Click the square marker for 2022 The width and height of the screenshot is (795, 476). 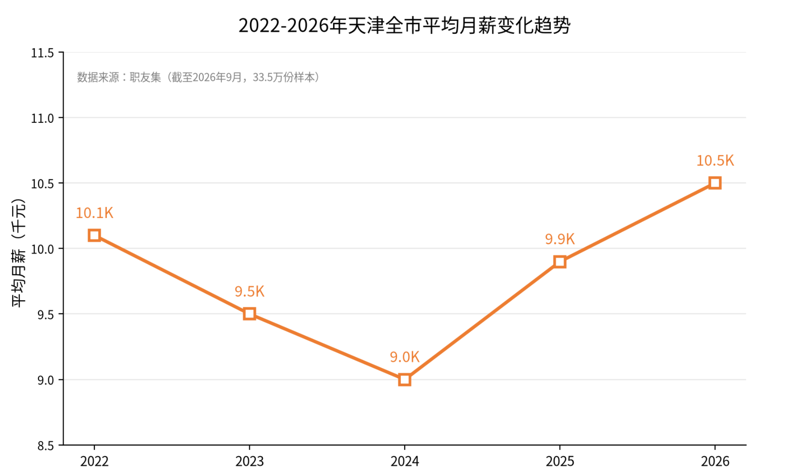pos(94,235)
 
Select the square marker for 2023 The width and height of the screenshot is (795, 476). pos(249,314)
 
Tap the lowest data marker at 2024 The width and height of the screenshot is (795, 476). pos(405,379)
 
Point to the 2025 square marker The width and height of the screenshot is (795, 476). pos(560,262)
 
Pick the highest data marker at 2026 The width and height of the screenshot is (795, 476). pos(715,183)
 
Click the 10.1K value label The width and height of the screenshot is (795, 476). pos(94,213)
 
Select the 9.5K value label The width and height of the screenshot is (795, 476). pos(249,291)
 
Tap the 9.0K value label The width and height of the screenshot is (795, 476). pos(405,357)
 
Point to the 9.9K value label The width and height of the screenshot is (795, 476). pos(560,239)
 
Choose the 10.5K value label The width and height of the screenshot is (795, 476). pos(715,161)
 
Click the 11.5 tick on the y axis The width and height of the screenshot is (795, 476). pos(42,53)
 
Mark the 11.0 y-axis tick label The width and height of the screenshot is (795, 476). pos(42,118)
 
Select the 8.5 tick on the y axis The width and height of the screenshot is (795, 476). pos(46,446)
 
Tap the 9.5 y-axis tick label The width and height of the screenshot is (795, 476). pos(46,315)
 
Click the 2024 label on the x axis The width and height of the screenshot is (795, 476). pos(405,461)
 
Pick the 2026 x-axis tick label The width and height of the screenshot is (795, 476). pos(715,461)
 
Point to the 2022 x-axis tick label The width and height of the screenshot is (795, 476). pos(94,461)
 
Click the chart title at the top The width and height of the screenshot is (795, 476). pos(404,25)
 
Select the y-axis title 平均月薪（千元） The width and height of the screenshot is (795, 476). pos(19,252)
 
